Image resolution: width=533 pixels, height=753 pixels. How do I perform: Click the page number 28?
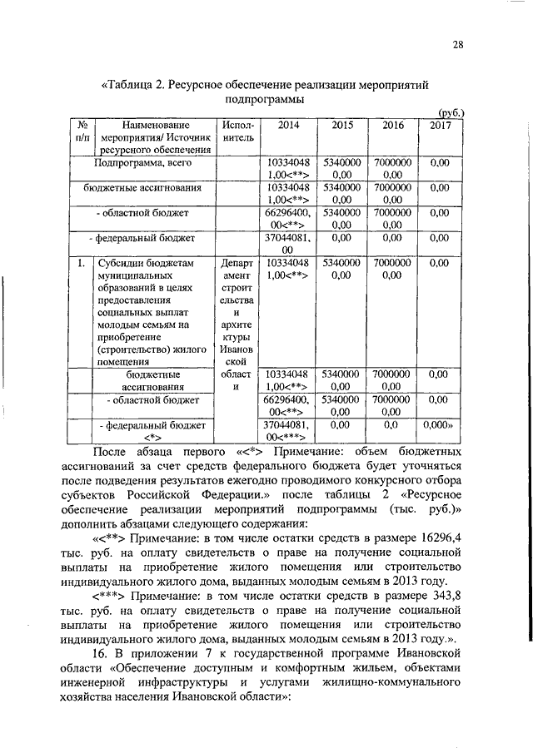click(x=458, y=45)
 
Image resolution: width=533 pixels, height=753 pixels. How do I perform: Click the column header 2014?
click(x=288, y=125)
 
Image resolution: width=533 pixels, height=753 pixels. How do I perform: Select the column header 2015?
click(x=343, y=125)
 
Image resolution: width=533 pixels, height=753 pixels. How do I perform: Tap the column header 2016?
click(x=392, y=125)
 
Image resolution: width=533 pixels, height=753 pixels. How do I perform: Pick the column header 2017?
click(x=441, y=125)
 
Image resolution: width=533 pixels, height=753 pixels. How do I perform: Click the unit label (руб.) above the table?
click(x=451, y=112)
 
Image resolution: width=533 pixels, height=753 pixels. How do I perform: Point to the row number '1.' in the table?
click(x=82, y=262)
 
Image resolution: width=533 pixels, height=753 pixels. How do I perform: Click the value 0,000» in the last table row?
click(x=439, y=424)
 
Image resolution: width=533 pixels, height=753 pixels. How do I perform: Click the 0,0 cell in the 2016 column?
click(x=392, y=424)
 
